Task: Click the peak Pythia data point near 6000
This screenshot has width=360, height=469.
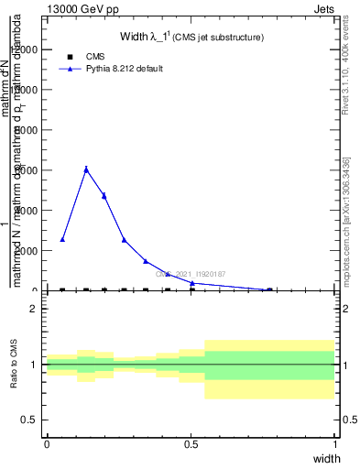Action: [86, 169]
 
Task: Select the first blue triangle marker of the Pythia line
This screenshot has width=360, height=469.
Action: [62, 240]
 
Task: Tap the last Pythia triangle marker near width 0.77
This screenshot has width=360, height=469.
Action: [269, 289]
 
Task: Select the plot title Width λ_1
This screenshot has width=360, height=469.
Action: [192, 38]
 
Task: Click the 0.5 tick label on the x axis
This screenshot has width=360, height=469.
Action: [191, 443]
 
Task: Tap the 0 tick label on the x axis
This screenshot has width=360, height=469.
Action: [47, 443]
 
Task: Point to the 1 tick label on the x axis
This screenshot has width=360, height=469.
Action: [335, 443]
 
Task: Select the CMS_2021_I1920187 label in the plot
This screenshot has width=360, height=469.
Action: [191, 273]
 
